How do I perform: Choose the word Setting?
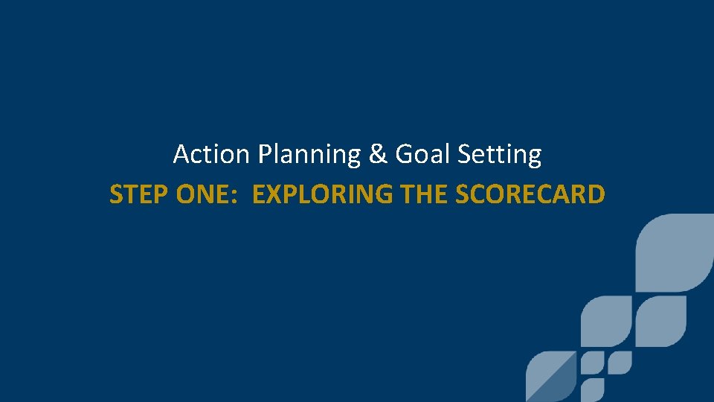click(x=499, y=155)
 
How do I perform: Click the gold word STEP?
click(x=139, y=195)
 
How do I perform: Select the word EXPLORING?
click(x=323, y=195)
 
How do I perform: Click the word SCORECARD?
click(x=530, y=195)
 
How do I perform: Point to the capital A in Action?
click(x=181, y=155)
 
